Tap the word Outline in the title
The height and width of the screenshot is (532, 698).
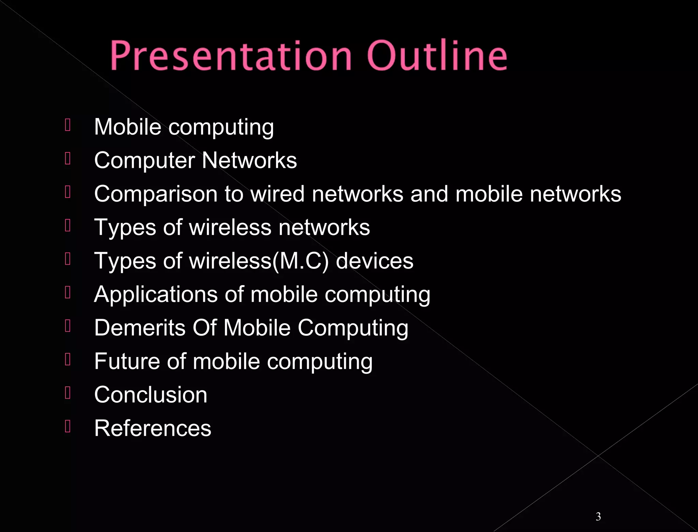pos(437,56)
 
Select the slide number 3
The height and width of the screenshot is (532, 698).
pos(598,516)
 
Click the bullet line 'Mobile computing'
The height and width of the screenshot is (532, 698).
pos(184,127)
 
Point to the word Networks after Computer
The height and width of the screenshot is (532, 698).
pos(249,160)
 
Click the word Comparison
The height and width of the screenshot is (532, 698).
pos(156,194)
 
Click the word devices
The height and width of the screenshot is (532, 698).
pos(374,261)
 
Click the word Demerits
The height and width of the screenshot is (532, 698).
pos(140,328)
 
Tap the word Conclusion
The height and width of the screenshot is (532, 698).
pos(151,395)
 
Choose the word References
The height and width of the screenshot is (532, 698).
pos(153,428)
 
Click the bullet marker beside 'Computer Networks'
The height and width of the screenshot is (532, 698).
pos(67,158)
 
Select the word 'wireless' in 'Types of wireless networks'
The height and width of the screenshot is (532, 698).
pos(230,227)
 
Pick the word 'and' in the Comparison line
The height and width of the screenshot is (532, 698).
pos(429,194)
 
